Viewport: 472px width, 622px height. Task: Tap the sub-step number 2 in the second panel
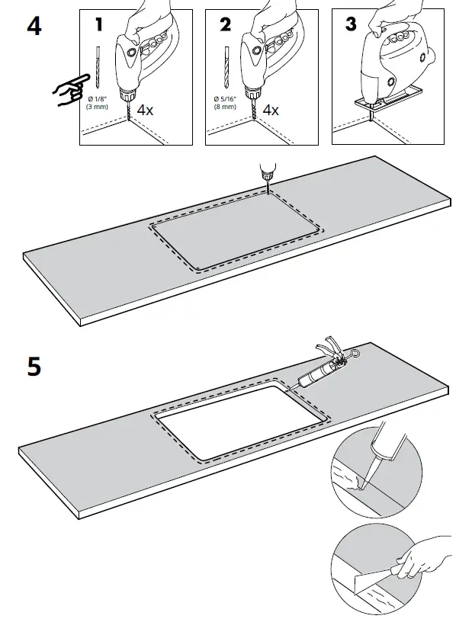pyautogui.click(x=224, y=24)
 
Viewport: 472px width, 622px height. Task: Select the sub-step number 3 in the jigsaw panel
pyautogui.click(x=350, y=24)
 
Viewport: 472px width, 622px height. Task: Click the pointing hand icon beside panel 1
pyautogui.click(x=67, y=94)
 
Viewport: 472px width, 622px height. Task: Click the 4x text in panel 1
pyautogui.click(x=145, y=110)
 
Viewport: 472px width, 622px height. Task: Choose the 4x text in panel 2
pyautogui.click(x=270, y=110)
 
